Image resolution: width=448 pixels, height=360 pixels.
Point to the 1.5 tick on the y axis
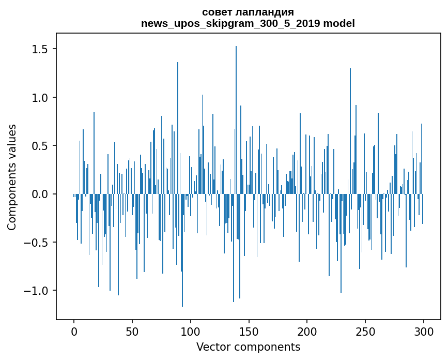tap(41, 49)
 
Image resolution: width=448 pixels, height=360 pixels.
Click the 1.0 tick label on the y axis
tap(41, 97)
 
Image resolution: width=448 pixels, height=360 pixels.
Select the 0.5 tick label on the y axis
tap(41, 146)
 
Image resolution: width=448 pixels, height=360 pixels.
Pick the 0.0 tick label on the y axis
tap(41, 194)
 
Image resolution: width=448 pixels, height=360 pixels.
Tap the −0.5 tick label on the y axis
tap(38, 242)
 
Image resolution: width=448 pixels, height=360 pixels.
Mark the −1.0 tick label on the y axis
tap(38, 291)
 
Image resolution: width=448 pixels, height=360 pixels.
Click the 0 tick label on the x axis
tap(74, 331)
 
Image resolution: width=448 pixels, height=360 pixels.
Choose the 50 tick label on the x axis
tap(132, 331)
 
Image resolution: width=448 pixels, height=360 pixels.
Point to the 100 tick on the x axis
tap(191, 331)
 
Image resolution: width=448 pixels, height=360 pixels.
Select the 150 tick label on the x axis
tap(249, 331)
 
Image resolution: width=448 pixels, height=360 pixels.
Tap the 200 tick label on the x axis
tap(307, 331)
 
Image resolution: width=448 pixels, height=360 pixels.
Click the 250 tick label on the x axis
tap(365, 331)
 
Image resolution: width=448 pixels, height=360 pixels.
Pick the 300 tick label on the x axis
tap(424, 331)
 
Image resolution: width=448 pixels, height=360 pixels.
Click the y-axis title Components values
tap(12, 177)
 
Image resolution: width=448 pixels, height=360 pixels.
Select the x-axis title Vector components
tap(248, 347)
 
